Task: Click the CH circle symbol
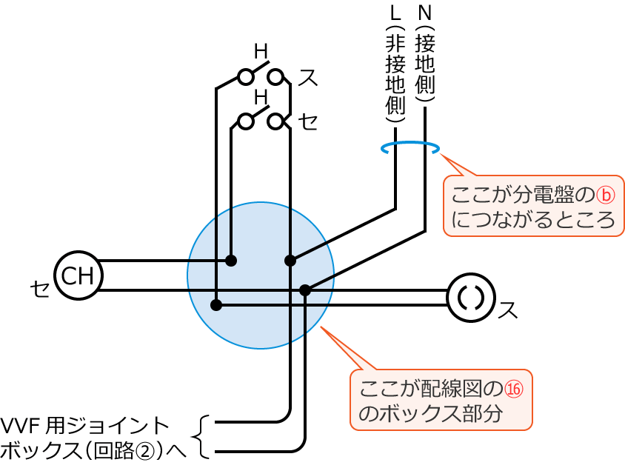78,275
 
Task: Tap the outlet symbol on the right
471,298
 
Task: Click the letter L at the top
395,13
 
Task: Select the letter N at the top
424,13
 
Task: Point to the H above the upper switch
261,52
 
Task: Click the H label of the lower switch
261,97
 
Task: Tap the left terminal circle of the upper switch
245,76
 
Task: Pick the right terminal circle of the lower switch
275,121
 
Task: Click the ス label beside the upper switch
307,77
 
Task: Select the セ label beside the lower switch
308,121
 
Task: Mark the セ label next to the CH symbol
39,288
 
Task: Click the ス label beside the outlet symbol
508,310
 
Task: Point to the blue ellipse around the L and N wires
410,147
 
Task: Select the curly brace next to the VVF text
202,437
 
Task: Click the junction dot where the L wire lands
290,261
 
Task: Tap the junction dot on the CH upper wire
231,261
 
